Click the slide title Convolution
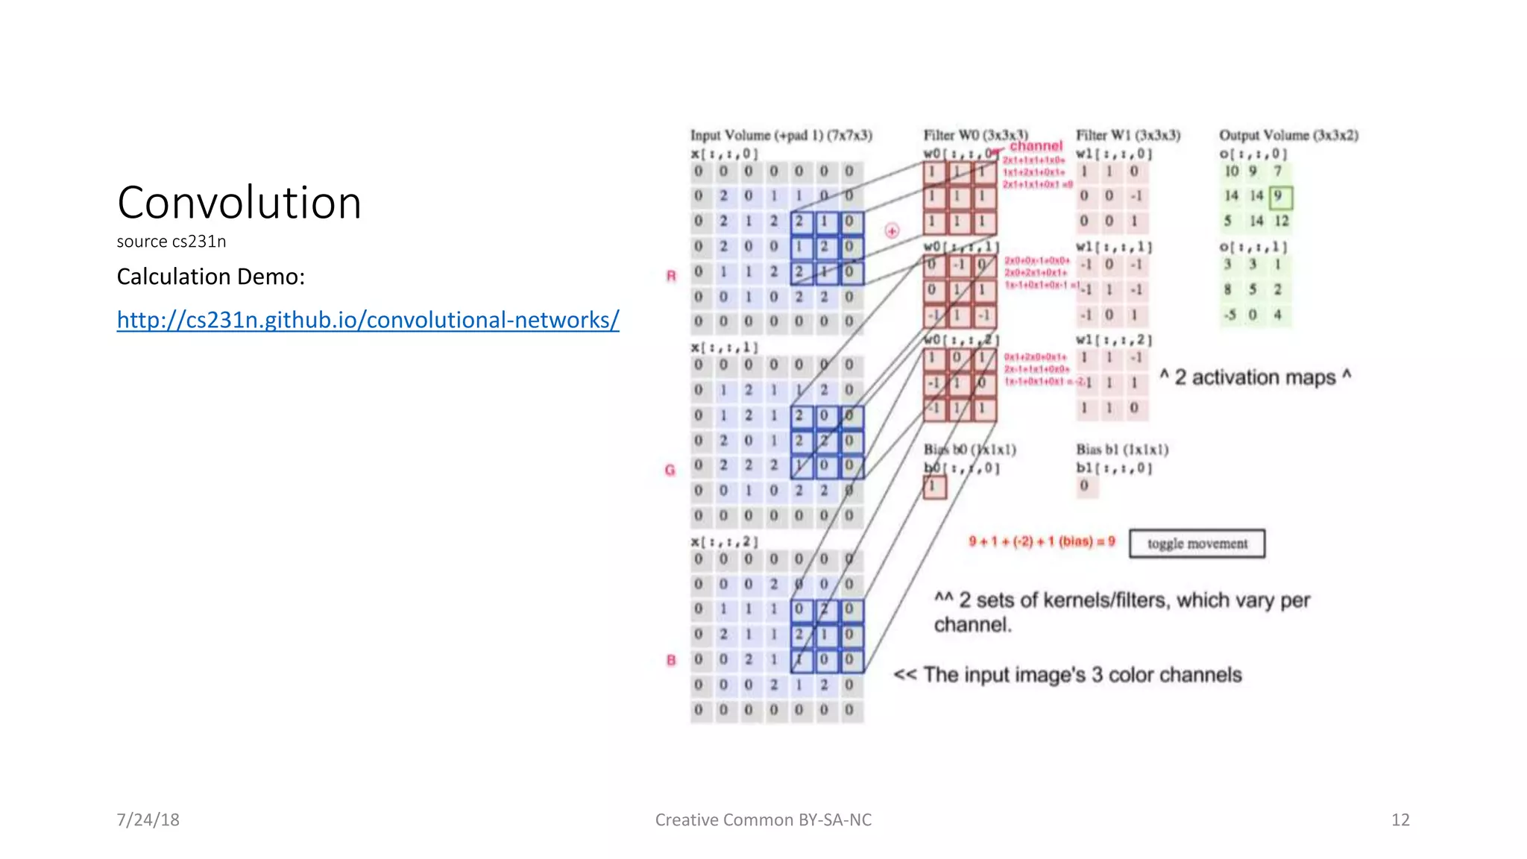[239, 203]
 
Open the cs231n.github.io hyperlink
[368, 320]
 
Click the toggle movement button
[1197, 544]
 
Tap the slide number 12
[1400, 819]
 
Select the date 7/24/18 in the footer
[148, 819]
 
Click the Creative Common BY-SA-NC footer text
[763, 819]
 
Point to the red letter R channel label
[671, 276]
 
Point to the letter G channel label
[670, 470]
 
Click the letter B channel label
[671, 660]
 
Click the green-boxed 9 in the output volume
[1280, 197]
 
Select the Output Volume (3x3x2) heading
[1288, 135]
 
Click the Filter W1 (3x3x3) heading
[1128, 135]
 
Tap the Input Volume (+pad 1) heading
[781, 135]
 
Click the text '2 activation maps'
[1255, 377]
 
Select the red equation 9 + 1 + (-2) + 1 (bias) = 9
[1042, 541]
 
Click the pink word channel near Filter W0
[1036, 146]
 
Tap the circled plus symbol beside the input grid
[892, 231]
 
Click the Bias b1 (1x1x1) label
[1122, 449]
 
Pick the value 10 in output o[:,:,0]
[1231, 172]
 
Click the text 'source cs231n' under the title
[171, 242]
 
